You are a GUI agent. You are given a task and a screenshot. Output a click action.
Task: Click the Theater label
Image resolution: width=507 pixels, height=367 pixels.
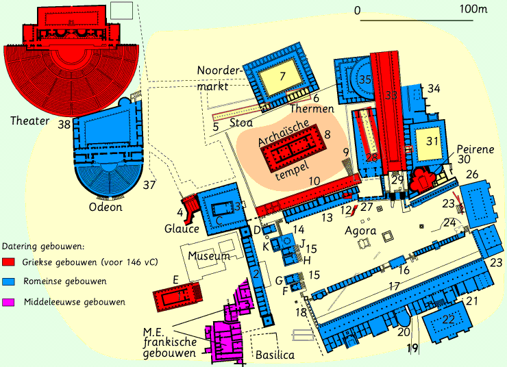click(29, 121)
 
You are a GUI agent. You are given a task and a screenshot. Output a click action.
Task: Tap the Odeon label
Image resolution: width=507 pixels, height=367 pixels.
click(106, 207)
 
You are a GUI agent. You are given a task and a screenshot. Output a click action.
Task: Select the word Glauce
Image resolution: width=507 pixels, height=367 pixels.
click(182, 229)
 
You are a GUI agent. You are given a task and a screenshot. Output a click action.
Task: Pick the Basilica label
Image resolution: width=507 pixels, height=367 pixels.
click(274, 355)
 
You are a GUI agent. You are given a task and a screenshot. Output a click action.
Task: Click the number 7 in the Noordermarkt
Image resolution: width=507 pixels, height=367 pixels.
click(282, 77)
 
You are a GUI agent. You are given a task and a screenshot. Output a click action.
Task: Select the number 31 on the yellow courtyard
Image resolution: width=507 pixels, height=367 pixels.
click(431, 140)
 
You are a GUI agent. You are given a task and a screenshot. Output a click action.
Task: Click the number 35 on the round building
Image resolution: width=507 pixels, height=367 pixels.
click(365, 80)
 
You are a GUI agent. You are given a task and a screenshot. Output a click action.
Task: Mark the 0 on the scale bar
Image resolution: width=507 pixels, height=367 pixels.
click(357, 10)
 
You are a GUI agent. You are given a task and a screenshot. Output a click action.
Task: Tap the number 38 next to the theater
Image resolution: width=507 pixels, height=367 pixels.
click(64, 124)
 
